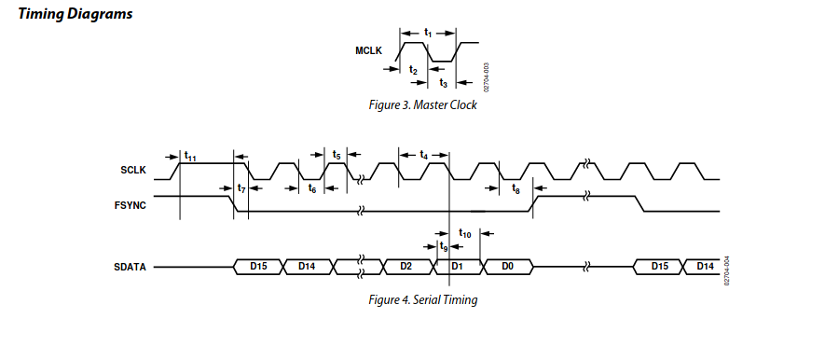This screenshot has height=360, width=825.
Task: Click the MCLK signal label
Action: [368, 51]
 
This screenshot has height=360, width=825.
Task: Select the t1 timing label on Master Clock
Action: [428, 34]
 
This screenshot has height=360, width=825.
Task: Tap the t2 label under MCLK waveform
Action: [413, 70]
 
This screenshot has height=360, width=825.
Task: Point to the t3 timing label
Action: [443, 83]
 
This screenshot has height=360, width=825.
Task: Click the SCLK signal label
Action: [133, 170]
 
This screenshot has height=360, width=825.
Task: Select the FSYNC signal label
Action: [130, 205]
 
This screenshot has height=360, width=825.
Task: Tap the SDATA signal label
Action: [130, 267]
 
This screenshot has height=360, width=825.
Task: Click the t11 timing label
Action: [190, 157]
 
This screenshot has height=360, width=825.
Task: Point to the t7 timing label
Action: [241, 188]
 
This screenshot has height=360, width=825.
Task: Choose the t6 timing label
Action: [312, 188]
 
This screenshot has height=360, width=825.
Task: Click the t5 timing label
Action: [337, 155]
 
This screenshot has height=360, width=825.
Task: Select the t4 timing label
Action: [423, 155]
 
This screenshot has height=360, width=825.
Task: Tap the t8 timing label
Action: [516, 189]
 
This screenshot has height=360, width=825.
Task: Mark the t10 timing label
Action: [465, 232]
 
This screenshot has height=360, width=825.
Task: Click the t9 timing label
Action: [444, 246]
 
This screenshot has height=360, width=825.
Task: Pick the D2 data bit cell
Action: [406, 267]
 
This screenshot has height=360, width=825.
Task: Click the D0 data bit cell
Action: [507, 267]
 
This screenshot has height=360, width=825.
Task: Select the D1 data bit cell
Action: [457, 267]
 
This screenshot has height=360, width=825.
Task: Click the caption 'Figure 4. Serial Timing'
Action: [423, 300]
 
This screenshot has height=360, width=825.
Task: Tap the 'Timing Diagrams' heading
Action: [76, 14]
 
